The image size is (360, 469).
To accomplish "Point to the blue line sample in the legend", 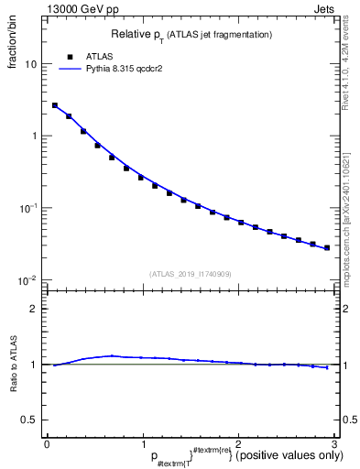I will click(x=70, y=68).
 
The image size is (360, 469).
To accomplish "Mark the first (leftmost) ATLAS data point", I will click(x=55, y=105).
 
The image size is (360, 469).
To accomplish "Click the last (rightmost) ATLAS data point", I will click(x=326, y=247).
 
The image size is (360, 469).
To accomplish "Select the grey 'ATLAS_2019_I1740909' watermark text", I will click(x=191, y=274).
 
